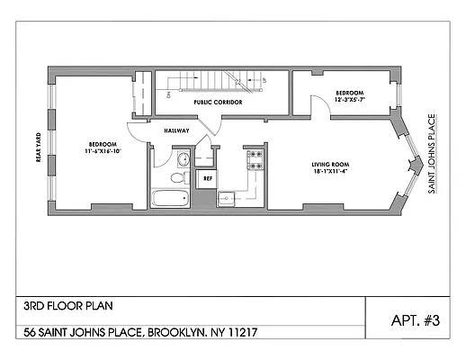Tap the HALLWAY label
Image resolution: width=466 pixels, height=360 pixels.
coord(176,130)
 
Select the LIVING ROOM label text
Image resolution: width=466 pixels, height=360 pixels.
coord(331,165)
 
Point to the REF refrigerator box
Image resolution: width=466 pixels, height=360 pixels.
coord(207,178)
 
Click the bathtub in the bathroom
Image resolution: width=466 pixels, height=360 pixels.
coord(171,198)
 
